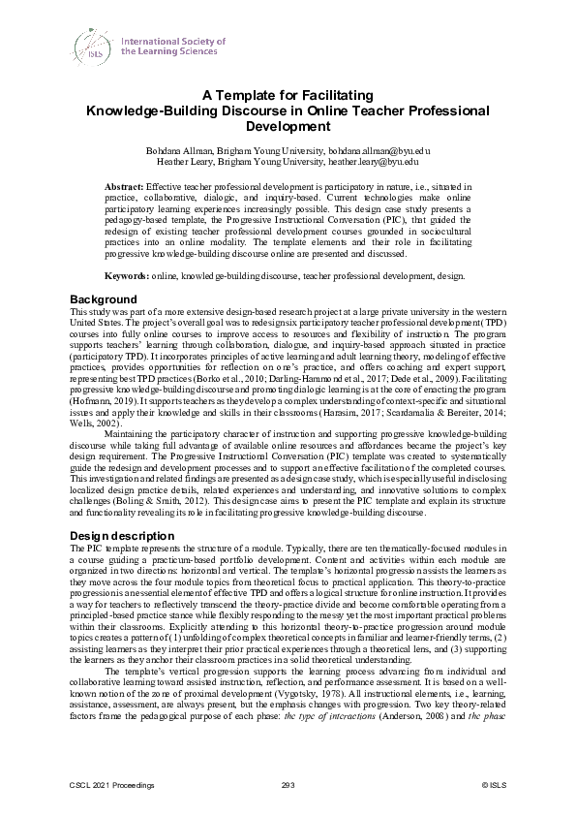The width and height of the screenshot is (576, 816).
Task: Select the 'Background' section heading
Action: [105, 298]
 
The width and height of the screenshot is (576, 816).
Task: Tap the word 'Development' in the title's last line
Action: [288, 126]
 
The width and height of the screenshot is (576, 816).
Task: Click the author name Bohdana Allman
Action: [178, 152]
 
